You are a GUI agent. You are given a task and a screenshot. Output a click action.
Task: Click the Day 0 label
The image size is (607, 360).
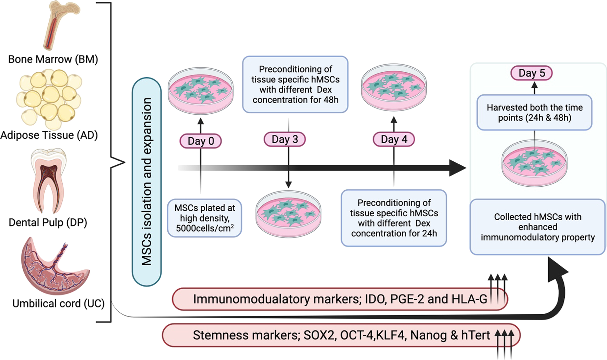tap(201, 141)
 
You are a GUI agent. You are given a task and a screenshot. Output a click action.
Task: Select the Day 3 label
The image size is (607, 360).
tap(285, 139)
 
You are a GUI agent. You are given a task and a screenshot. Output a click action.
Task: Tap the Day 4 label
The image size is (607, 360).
tap(394, 139)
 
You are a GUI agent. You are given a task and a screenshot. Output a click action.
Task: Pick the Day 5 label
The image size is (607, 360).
tap(531, 73)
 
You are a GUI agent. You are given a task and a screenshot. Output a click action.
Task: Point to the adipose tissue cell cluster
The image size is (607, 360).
tap(50, 98)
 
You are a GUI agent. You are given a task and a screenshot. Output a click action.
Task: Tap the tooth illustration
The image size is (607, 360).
tap(48, 180)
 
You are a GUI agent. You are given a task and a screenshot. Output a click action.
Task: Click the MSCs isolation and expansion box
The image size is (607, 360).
tap(147, 182)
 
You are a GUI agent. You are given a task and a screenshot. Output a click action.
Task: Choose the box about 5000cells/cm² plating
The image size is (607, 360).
tap(205, 218)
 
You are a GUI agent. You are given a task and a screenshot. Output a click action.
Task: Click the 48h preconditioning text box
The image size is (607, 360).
tap(295, 84)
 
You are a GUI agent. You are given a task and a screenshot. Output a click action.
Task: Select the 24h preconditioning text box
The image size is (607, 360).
tap(394, 218)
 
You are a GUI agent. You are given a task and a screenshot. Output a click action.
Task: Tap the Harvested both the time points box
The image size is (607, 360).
tap(534, 113)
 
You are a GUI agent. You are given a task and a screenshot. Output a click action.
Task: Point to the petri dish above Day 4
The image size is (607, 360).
tap(394, 87)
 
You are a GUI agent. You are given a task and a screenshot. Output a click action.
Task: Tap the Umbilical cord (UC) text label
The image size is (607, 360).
tap(58, 304)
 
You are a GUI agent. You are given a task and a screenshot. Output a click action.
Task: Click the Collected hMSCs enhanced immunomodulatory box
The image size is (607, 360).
tap(537, 227)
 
